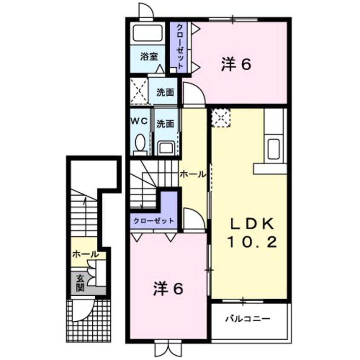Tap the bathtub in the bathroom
[x=147, y=33]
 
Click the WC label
[x=139, y=121]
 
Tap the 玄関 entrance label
[x=80, y=283]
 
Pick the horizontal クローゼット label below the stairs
[x=154, y=221]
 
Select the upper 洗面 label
[x=165, y=92]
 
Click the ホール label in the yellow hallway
[x=192, y=174]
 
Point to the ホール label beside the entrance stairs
[x=85, y=254]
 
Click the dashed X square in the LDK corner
[x=220, y=118]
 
